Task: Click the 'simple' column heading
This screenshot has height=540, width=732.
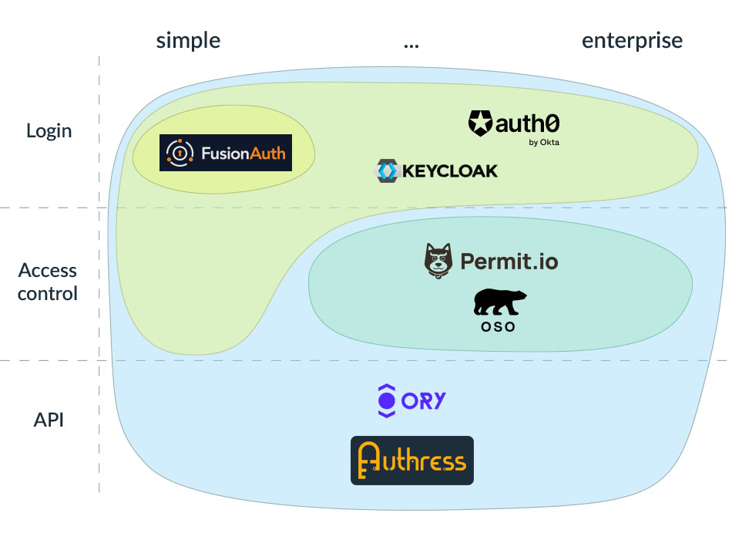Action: tap(188, 40)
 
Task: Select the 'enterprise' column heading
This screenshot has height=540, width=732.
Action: tap(632, 40)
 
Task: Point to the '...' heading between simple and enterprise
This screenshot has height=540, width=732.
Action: tap(411, 43)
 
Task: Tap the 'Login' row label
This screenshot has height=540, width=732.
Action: tap(49, 130)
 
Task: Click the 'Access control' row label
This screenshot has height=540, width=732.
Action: tap(48, 282)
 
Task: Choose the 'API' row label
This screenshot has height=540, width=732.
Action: tap(49, 420)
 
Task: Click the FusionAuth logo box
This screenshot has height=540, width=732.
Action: tap(225, 153)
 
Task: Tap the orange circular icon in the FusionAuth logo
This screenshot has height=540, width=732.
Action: tap(179, 153)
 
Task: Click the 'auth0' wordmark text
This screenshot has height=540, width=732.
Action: tap(525, 123)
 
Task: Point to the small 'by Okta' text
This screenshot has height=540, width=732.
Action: tap(545, 143)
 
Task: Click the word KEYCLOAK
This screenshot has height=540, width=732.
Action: tap(448, 170)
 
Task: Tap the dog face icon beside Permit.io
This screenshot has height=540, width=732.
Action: tap(437, 261)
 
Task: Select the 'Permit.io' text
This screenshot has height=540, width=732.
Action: tap(509, 262)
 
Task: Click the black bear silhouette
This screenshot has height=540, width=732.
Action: tap(499, 302)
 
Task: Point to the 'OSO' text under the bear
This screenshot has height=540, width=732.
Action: tap(495, 326)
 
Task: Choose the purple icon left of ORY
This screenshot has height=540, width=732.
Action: tap(386, 400)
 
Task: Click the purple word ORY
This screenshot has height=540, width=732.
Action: tap(424, 400)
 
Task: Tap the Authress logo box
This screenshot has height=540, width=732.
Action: tap(412, 461)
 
